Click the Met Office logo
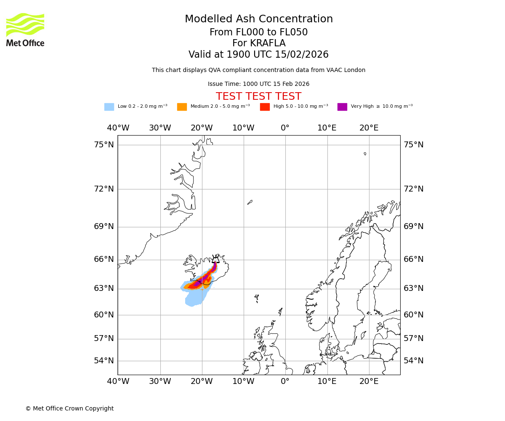25,29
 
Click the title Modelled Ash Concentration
259,19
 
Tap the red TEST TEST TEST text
258,96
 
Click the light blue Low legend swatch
109,107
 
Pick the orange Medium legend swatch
182,107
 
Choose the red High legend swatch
265,107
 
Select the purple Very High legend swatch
342,107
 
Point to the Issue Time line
258,84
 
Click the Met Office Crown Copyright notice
69,409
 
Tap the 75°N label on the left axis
104,145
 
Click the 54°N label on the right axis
413,361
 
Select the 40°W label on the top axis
118,128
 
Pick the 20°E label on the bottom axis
369,382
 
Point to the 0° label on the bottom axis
285,382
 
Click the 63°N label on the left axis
104,288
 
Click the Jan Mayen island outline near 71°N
250,203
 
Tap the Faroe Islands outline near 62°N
256,298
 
